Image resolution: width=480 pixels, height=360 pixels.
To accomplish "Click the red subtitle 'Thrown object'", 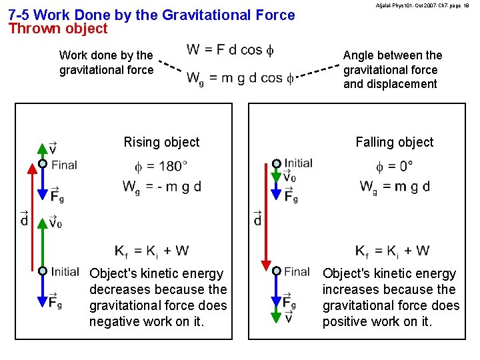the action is pyautogui.click(x=57, y=29).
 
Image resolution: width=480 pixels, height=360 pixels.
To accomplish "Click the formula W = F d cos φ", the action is pyautogui.click(x=230, y=49).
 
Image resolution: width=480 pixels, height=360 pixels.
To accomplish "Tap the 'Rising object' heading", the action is pyautogui.click(x=161, y=142).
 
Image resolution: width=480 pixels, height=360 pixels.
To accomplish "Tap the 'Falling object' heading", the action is pyautogui.click(x=394, y=142).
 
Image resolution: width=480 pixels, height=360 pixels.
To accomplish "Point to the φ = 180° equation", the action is pyautogui.click(x=161, y=165).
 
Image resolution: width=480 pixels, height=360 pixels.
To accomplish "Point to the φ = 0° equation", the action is pyautogui.click(x=394, y=165).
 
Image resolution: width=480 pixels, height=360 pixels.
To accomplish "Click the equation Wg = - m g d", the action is pyautogui.click(x=161, y=187).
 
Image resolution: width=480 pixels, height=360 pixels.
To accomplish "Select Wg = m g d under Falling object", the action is pyautogui.click(x=394, y=187).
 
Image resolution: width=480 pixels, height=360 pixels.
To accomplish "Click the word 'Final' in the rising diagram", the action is pyautogui.click(x=64, y=165).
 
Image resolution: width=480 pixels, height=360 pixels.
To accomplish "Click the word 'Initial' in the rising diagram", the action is pyautogui.click(x=65, y=271).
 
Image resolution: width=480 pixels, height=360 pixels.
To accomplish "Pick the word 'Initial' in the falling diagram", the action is pyautogui.click(x=298, y=163).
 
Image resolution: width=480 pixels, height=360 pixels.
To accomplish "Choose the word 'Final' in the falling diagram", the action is pyautogui.click(x=297, y=271).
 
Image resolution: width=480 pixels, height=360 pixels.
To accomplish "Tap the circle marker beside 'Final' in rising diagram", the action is pyautogui.click(x=43, y=164).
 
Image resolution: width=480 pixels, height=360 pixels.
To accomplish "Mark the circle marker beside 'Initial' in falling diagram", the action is pyautogui.click(x=276, y=163).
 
